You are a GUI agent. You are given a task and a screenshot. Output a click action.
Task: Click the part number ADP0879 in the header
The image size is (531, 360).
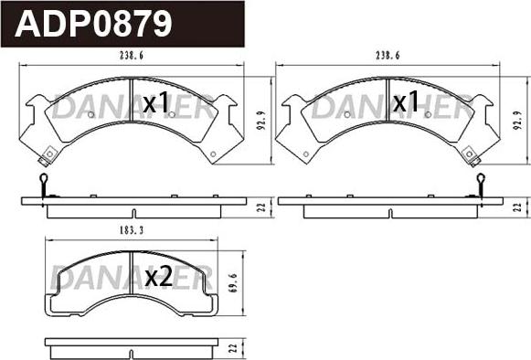coord(93,24)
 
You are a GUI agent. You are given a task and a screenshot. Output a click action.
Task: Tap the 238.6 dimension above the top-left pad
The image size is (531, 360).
coord(132,56)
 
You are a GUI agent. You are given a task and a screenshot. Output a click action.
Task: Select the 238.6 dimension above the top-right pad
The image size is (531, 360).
coord(388,56)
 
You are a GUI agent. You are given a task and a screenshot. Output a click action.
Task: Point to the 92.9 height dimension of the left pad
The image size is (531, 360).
coord(261,122)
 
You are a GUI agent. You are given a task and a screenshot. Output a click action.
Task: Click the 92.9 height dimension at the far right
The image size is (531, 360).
coord(517,122)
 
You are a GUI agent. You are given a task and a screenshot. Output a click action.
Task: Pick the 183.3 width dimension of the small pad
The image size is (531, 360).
coord(132,230)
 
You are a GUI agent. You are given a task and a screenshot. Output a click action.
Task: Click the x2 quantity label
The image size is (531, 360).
coord(158,278)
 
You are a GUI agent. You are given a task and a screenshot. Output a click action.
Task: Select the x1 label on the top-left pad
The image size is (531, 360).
coord(155,103)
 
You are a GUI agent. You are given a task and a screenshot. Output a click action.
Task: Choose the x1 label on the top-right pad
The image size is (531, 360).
coord(406,101)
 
